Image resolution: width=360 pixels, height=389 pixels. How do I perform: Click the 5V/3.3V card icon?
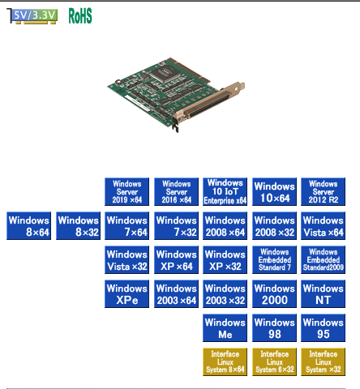[32, 16]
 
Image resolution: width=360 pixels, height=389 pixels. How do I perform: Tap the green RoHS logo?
[80, 15]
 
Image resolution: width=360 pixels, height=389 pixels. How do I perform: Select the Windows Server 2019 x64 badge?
[127, 192]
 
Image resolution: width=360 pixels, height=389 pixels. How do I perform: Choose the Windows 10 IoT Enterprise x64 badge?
[225, 192]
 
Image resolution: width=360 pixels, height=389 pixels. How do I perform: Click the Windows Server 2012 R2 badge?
[324, 192]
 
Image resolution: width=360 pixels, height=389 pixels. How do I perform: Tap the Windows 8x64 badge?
[29, 226]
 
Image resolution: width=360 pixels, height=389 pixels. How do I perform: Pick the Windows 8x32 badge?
[79, 226]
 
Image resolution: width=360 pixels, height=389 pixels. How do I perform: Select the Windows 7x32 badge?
[177, 226]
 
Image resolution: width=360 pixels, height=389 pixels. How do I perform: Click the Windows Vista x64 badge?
[324, 226]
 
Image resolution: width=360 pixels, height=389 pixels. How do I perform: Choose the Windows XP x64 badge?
[177, 260]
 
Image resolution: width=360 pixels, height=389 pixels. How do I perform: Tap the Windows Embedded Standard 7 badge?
[275, 260]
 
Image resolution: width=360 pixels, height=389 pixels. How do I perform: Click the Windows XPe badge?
[127, 294]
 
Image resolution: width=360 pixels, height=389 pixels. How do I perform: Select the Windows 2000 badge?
[275, 294]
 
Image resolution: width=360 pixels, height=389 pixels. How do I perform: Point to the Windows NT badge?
[324, 294]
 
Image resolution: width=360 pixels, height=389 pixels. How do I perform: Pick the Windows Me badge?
[225, 328]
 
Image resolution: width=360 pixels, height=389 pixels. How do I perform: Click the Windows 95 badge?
[324, 328]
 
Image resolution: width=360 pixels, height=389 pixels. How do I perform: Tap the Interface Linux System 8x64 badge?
[225, 362]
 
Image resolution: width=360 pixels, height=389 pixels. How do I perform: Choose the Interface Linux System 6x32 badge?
[275, 362]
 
